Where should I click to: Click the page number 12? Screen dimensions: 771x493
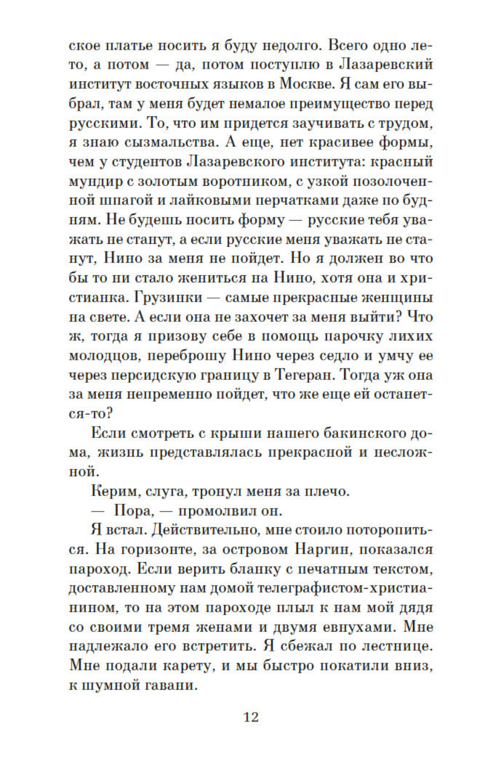[251, 716]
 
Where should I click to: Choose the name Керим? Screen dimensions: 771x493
[113, 491]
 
